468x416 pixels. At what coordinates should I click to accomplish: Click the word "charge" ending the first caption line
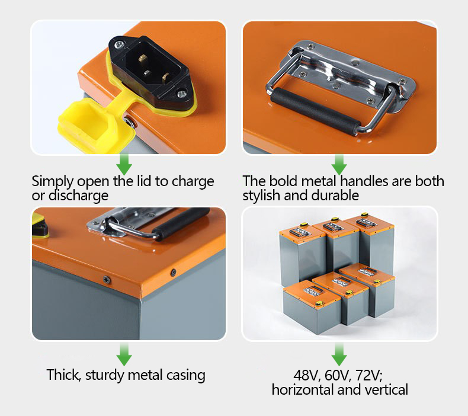193,182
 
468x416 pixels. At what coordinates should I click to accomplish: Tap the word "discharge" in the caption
78,196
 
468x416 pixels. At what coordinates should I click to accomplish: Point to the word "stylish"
261,196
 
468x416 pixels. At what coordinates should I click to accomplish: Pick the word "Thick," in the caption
64,375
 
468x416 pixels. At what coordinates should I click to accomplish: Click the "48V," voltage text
307,375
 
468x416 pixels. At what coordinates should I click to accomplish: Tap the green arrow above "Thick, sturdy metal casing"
124,354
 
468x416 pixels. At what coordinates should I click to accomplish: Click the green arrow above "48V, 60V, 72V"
339,354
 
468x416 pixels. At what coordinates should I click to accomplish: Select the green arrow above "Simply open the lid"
124,164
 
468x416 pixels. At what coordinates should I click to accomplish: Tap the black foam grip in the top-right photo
315,111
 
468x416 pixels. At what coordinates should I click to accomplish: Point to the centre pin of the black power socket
147,72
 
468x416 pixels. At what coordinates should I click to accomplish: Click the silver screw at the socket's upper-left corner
119,45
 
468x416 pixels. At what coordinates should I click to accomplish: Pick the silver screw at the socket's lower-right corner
181,94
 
